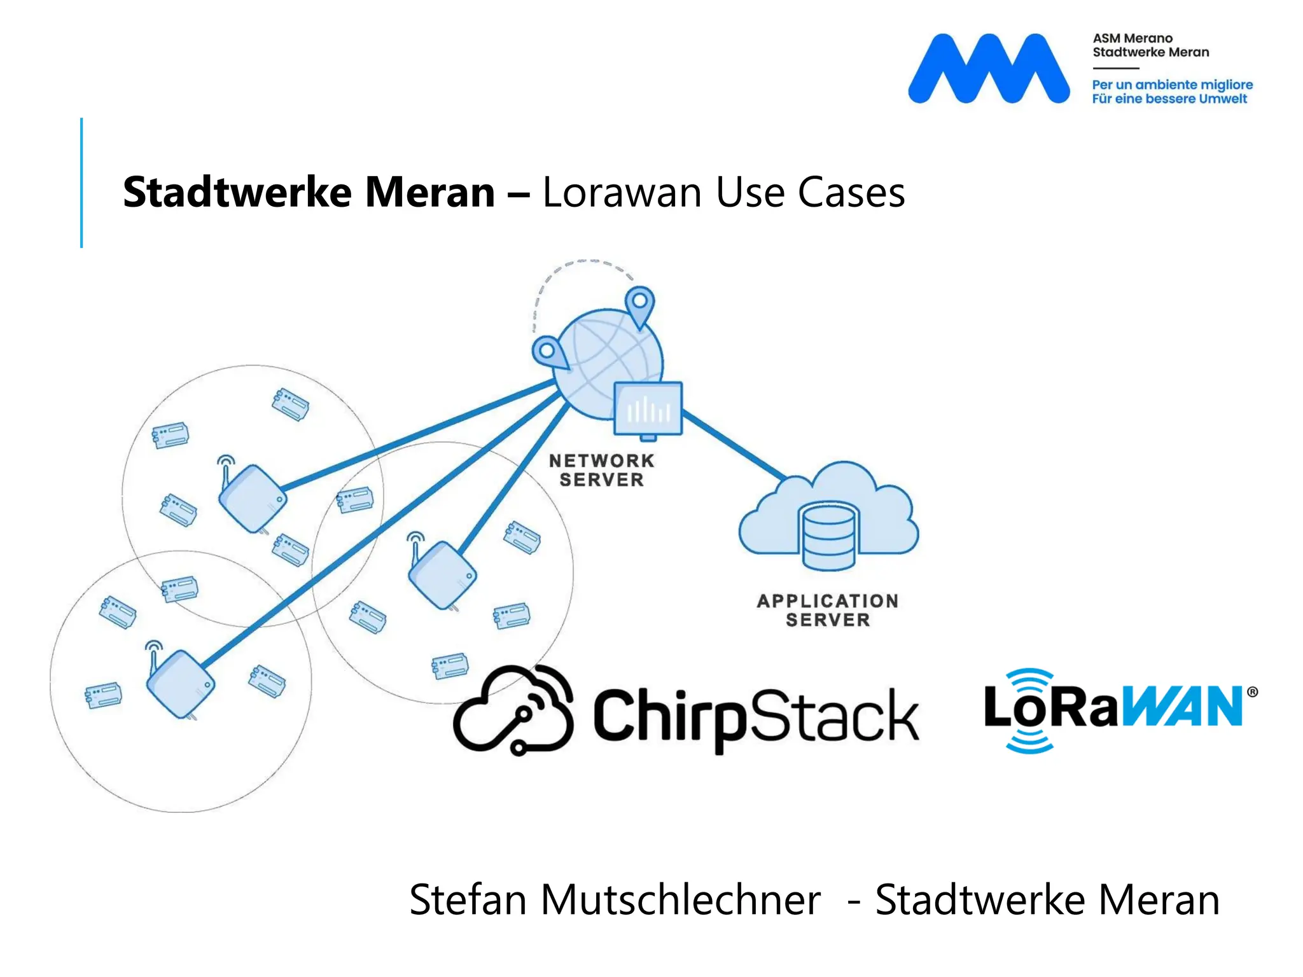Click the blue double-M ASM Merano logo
988,69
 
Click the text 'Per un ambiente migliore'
1172,85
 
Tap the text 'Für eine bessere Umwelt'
1169,99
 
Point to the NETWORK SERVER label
601,470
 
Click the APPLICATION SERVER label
827,610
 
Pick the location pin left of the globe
549,354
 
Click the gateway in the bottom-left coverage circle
180,684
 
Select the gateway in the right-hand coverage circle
442,574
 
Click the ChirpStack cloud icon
514,711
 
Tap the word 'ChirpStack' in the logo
756,717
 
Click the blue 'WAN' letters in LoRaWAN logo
1182,707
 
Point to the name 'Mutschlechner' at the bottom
680,900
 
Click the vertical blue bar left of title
81,183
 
